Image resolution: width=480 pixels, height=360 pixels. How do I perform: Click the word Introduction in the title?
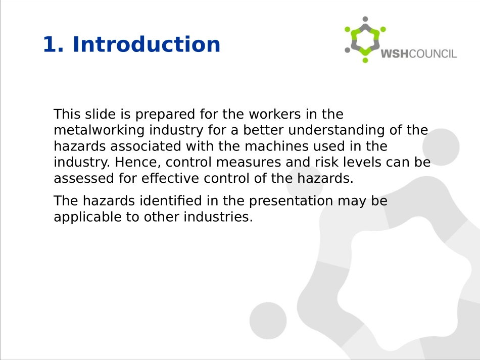pos(147,44)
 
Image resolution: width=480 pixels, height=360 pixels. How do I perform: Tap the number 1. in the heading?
pos(53,44)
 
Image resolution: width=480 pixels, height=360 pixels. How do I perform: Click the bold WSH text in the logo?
pos(395,54)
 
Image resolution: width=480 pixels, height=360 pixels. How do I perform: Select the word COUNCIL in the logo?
pos(433,54)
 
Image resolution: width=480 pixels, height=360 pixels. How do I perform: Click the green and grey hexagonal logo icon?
pos(365,40)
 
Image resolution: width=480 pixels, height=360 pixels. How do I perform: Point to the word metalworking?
pos(99,130)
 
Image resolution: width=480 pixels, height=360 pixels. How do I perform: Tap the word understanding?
pos(337,130)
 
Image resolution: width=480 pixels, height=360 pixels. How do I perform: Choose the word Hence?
pos(138,163)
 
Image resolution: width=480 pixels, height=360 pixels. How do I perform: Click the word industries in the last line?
pos(218,217)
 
